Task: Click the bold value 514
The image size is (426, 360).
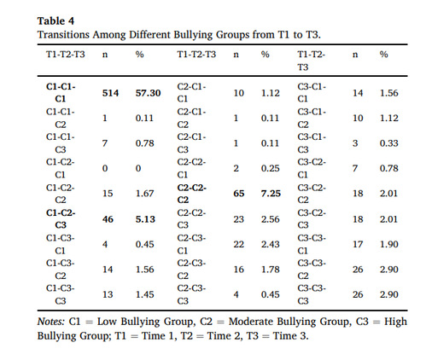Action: [x=110, y=93]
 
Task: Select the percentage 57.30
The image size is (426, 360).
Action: [x=148, y=93]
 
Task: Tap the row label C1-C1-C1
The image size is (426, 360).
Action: [x=61, y=92]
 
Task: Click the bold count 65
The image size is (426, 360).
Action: [x=239, y=194]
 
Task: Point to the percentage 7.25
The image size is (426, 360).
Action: [x=271, y=194]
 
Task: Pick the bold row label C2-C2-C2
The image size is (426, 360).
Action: [x=191, y=194]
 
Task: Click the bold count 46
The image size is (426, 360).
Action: [x=108, y=219]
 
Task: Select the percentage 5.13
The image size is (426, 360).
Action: [x=145, y=219]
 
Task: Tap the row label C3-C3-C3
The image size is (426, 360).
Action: [x=312, y=294]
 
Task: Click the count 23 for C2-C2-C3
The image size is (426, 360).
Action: [x=239, y=219]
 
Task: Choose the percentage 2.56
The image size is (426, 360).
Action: [x=271, y=219]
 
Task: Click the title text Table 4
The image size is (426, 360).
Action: [x=55, y=20]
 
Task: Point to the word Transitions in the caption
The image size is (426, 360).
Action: [x=63, y=35]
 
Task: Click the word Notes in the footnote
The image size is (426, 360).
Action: [x=51, y=322]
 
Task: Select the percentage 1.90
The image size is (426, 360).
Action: [x=389, y=244]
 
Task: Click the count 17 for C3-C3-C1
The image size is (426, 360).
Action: [x=358, y=244]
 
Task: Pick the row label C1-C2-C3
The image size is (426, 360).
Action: [x=61, y=219]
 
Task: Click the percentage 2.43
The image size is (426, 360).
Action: [x=271, y=244]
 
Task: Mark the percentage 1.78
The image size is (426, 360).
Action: [x=271, y=270]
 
